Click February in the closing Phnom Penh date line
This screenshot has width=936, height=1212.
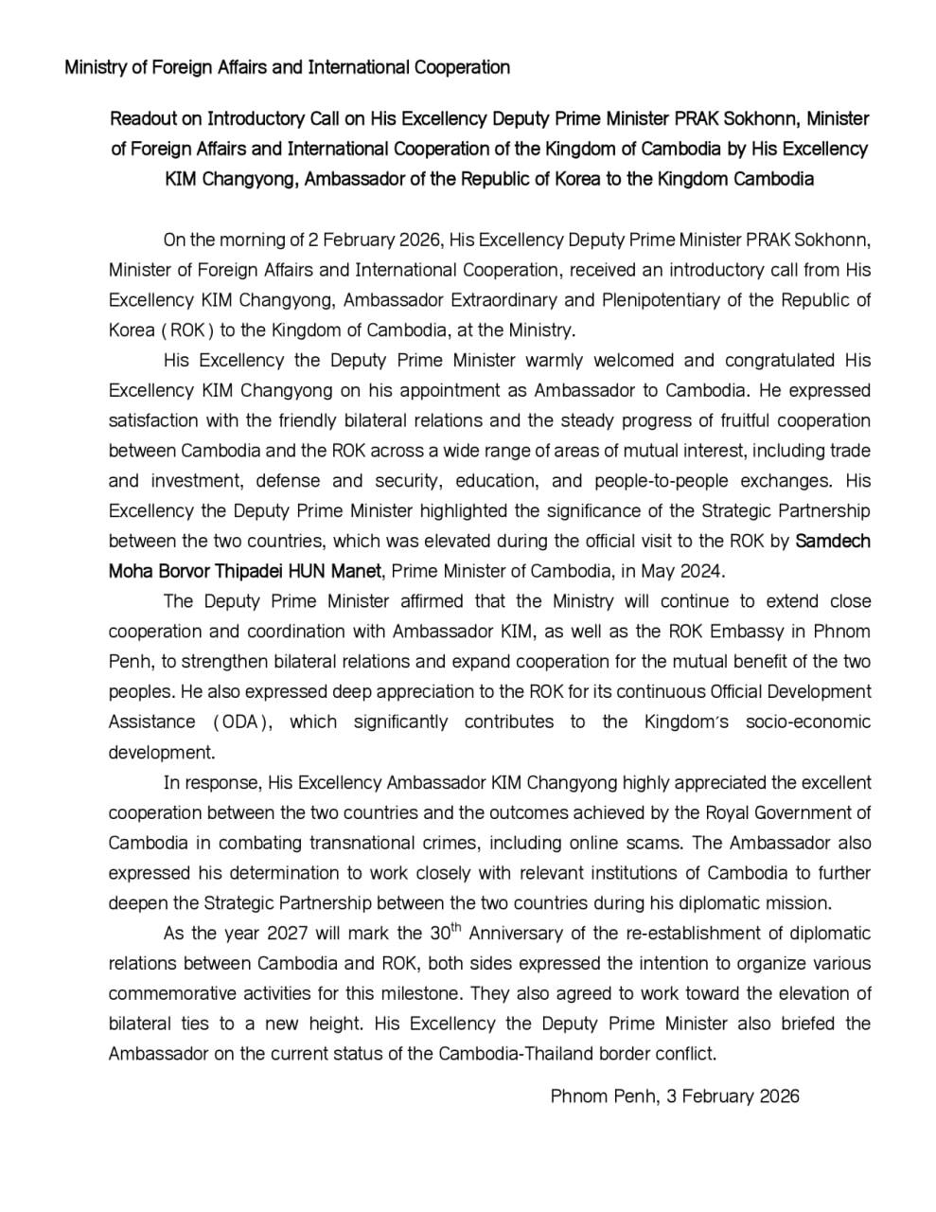point(717,1096)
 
